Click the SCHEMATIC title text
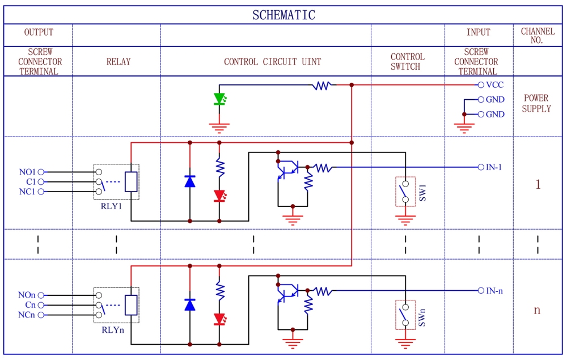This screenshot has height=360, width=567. pos(283,15)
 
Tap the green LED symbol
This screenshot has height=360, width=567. pos(219,99)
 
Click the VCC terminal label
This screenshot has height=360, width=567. pos(494,85)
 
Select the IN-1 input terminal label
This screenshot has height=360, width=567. pos(494,167)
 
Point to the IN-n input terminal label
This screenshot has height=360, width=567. pos(494,291)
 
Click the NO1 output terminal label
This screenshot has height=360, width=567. pos(27,172)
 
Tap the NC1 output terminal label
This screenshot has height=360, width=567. pos(27,192)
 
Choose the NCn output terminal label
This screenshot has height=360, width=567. pos(27,315)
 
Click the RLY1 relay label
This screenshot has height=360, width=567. pos(111,206)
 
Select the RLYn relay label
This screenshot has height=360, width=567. pos(113,330)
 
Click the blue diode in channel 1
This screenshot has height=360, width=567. pos(190,181)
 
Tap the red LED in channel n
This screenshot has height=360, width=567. pos(219,319)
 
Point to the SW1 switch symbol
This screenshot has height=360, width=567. pos(405,192)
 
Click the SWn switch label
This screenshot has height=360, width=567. pos(422,317)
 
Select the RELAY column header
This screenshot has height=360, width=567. pos(119,61)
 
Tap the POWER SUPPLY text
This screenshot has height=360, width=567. pos(536,103)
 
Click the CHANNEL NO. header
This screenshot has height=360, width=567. pos(538,35)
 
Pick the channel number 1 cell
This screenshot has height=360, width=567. pos(538,184)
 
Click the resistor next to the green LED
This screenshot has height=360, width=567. pos(322,85)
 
